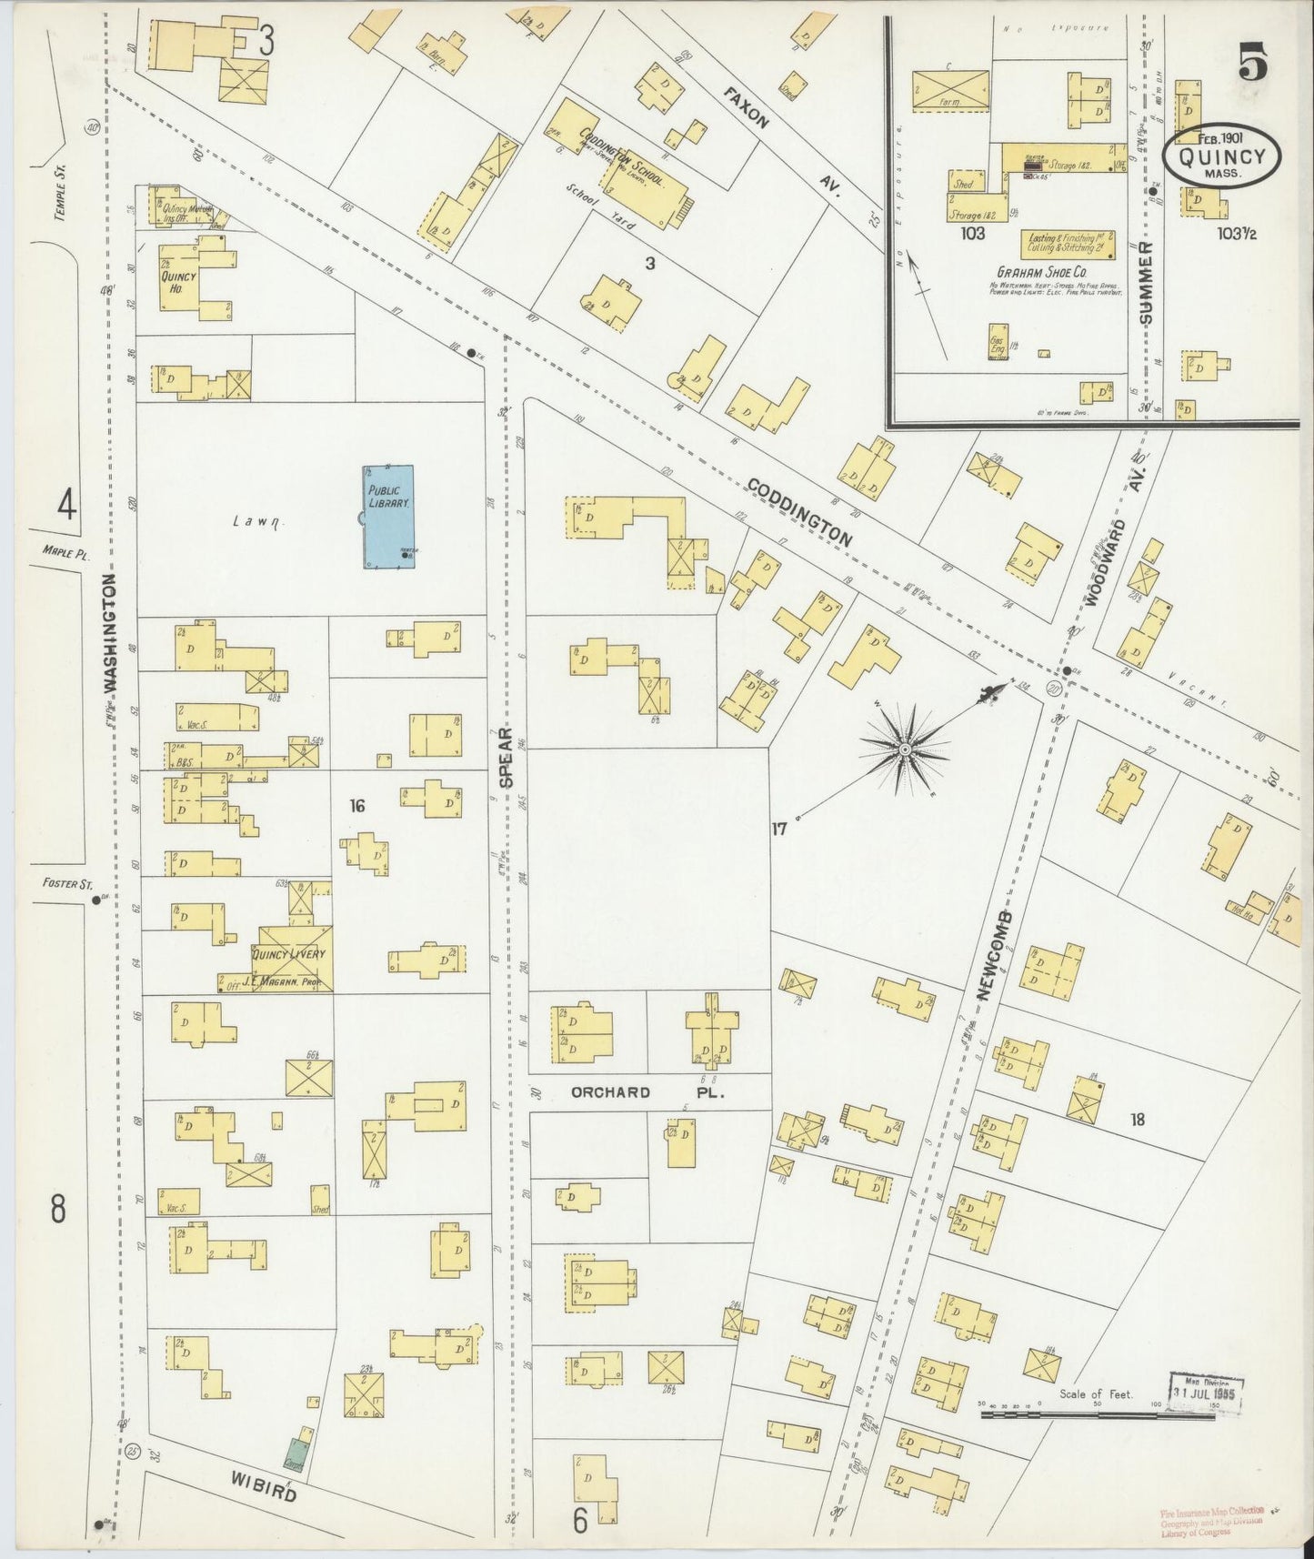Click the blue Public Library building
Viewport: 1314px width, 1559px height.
tap(389, 517)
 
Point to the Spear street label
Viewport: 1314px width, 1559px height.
tap(507, 757)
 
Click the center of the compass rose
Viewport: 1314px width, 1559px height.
tap(905, 749)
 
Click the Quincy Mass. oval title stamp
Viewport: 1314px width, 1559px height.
tap(1221, 156)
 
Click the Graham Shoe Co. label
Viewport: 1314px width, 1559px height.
tap(1046, 271)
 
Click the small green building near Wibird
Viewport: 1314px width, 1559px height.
tap(296, 1459)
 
